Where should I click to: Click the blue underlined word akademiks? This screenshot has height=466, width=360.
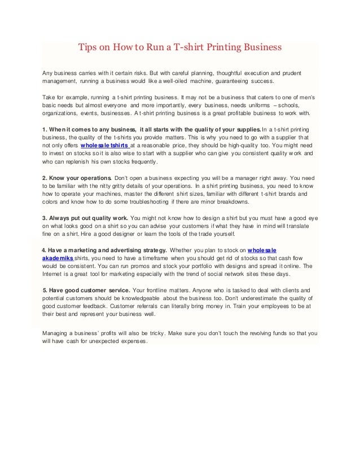click(x=58, y=256)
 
